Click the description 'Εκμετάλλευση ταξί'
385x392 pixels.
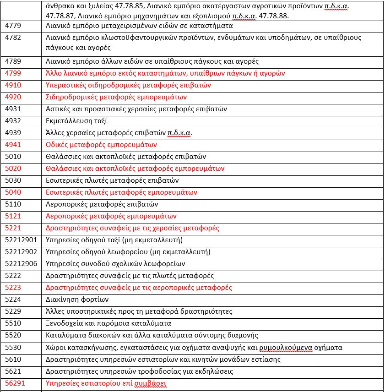(x=77, y=121)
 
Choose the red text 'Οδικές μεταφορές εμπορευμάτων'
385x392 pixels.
(x=102, y=145)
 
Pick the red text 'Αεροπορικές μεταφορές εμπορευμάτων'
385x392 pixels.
(x=111, y=216)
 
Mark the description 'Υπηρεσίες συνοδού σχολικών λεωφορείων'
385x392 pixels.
(x=115, y=264)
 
